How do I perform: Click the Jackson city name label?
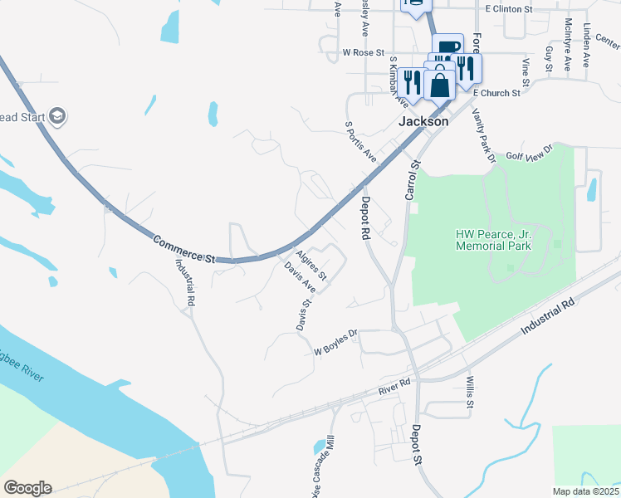click(x=423, y=121)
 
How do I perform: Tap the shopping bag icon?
click(x=439, y=84)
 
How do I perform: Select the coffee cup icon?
click(x=447, y=48)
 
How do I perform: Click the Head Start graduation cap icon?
click(x=57, y=115)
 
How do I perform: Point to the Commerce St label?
click(x=183, y=250)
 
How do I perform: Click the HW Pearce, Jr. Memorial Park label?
click(x=493, y=240)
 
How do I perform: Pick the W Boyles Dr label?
click(x=335, y=343)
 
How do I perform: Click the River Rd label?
click(x=394, y=386)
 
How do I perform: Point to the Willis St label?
click(x=469, y=393)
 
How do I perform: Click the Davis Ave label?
click(x=300, y=278)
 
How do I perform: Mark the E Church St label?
click(x=497, y=93)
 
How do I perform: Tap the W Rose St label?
click(x=364, y=51)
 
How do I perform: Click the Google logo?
click(x=27, y=488)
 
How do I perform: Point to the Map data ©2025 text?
click(x=584, y=491)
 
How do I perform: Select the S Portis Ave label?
click(x=360, y=141)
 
